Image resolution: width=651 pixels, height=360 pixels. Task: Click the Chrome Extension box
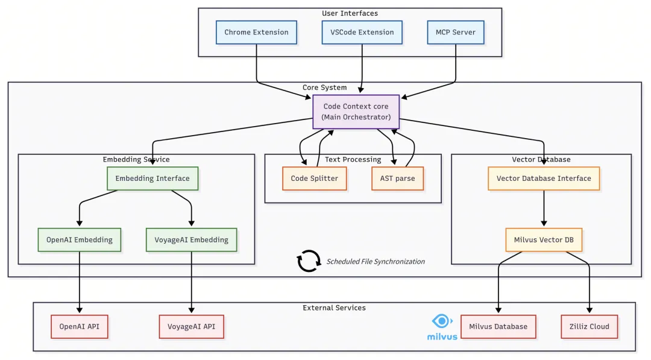click(x=256, y=32)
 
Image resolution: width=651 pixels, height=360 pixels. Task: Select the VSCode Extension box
click(x=362, y=32)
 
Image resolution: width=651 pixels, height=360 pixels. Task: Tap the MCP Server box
click(x=456, y=32)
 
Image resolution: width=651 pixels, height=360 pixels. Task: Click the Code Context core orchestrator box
click(x=356, y=112)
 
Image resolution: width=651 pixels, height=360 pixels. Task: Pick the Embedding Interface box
click(x=153, y=178)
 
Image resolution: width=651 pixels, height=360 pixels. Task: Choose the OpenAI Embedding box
click(x=80, y=239)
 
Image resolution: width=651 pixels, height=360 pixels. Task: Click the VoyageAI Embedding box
click(x=192, y=239)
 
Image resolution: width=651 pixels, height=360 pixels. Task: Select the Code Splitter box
click(x=315, y=178)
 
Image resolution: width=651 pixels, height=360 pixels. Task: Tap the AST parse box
click(x=397, y=178)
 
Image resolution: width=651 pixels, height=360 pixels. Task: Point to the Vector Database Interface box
click(x=544, y=178)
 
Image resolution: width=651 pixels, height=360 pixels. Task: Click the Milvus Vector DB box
click(x=544, y=240)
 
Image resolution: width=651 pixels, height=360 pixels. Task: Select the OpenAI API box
click(x=80, y=326)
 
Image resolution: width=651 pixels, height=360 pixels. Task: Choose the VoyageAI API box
click(x=192, y=326)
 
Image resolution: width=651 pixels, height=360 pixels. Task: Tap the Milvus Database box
click(x=498, y=326)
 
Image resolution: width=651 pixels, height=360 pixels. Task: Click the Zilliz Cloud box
click(x=589, y=326)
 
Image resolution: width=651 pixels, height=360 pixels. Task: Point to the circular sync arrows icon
click(x=309, y=261)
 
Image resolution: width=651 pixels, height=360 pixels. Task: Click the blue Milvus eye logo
click(x=442, y=321)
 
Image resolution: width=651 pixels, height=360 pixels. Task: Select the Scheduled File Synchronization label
click(x=376, y=262)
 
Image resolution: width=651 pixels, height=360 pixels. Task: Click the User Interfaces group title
click(x=350, y=13)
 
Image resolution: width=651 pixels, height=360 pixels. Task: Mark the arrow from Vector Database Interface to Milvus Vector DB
click(x=544, y=209)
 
